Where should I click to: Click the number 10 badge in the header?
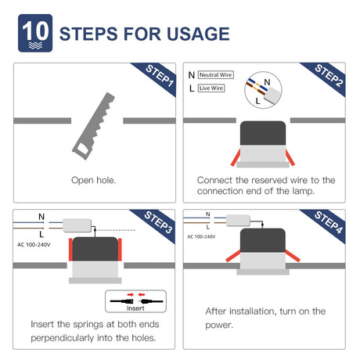click(35, 33)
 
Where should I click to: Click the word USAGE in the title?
click(198, 34)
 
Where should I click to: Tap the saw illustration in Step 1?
click(93, 126)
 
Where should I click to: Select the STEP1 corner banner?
click(157, 77)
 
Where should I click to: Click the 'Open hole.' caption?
click(94, 180)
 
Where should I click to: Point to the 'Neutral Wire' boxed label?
click(216, 75)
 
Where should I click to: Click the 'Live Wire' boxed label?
click(211, 88)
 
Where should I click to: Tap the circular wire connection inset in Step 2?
click(263, 90)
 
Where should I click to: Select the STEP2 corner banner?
click(326, 77)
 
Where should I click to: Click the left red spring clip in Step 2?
click(236, 158)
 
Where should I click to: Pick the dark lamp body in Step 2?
click(263, 133)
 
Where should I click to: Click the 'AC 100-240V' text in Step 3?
click(34, 245)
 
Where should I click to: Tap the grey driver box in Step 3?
click(77, 225)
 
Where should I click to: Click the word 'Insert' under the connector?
click(135, 308)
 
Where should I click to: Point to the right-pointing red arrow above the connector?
click(131, 294)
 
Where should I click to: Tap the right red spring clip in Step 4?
click(293, 255)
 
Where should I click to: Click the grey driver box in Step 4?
click(238, 221)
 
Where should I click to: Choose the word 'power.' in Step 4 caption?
click(219, 326)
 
